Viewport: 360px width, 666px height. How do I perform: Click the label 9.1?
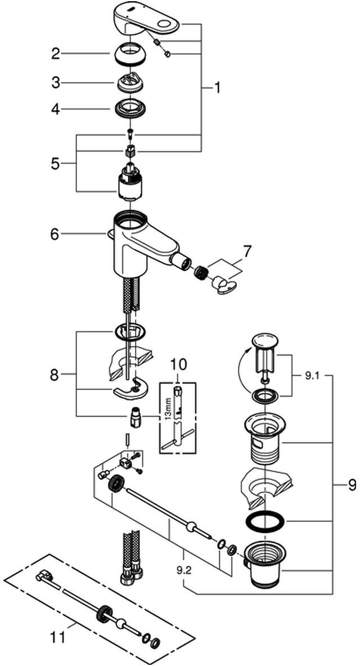coord(311,375)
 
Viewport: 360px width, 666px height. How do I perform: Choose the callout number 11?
coord(58,638)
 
